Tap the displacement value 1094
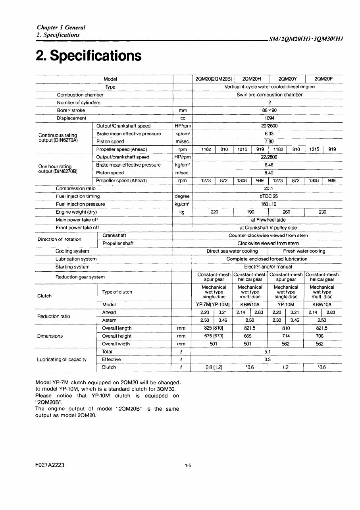(269, 118)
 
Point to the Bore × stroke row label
(71, 110)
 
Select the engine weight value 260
(286, 212)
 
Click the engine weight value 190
(250, 212)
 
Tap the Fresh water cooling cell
(304, 251)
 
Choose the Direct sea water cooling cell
(232, 251)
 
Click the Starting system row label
(72, 267)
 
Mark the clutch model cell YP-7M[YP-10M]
(213, 305)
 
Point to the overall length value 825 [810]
(213, 328)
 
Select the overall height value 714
(286, 336)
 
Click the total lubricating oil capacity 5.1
(268, 352)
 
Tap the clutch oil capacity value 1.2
(285, 367)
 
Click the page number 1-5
(188, 466)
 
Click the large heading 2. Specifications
(88, 56)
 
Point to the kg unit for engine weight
(182, 212)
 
